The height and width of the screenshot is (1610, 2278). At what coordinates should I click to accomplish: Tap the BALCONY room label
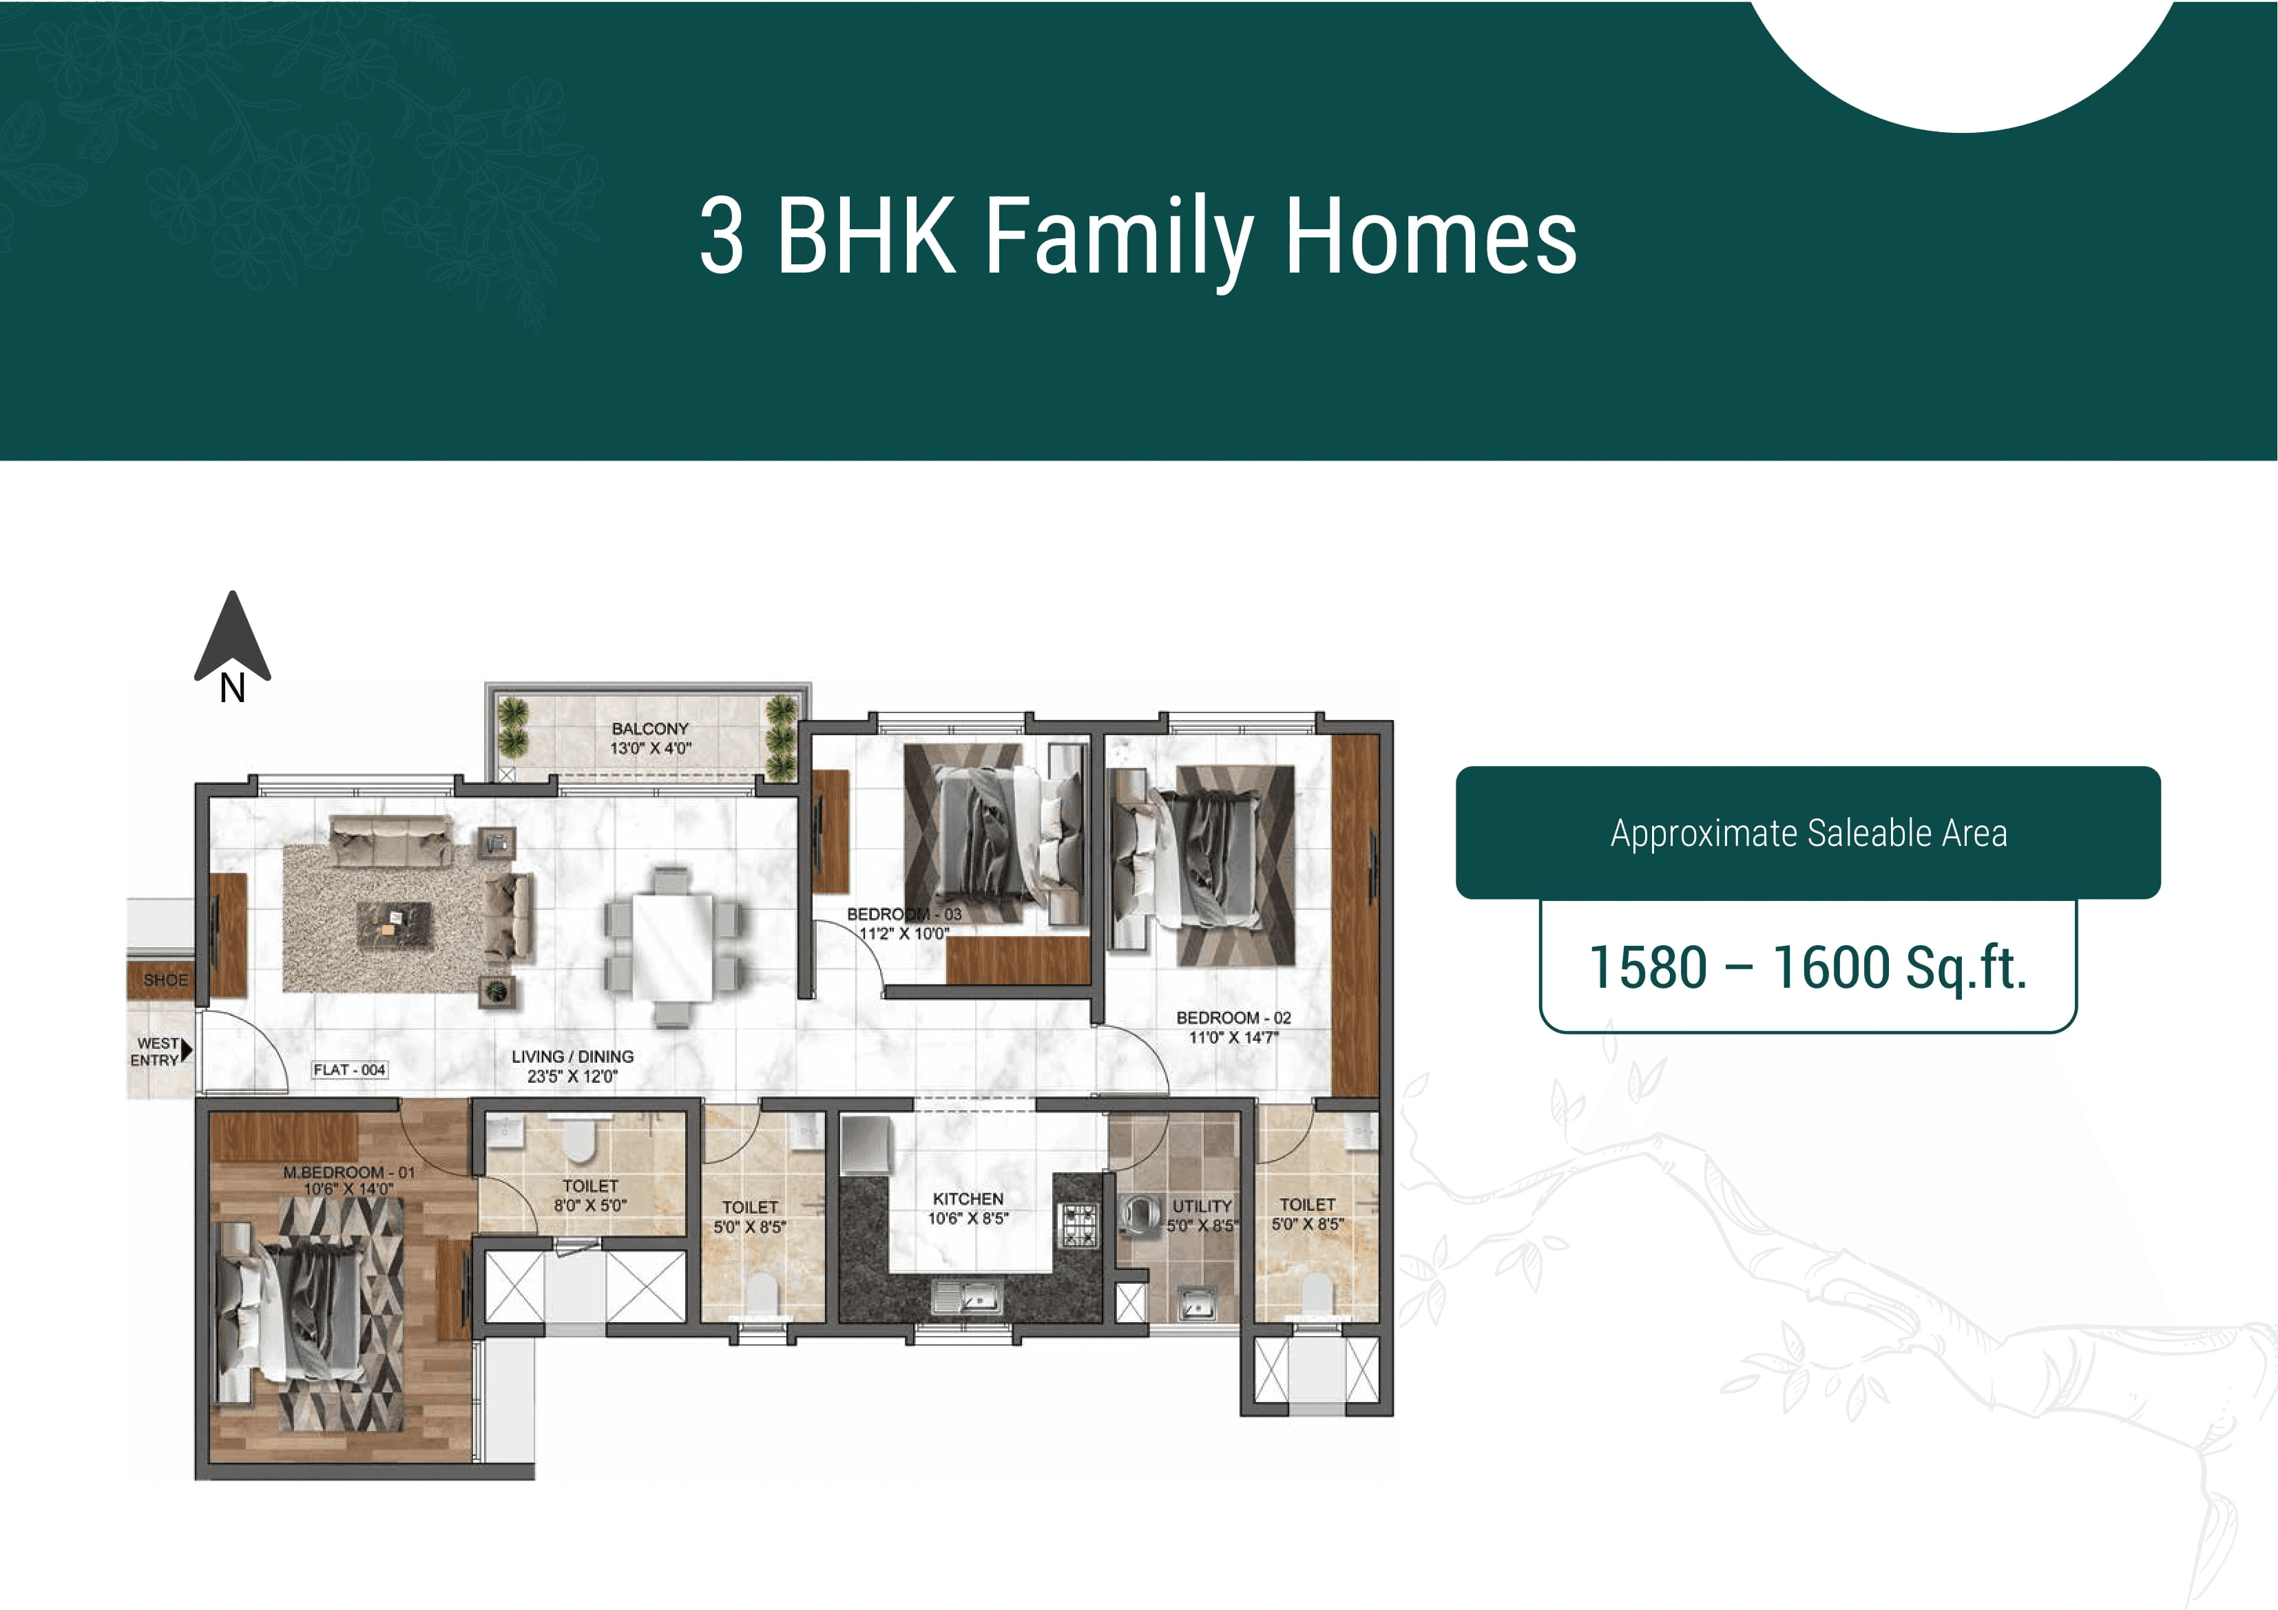coord(650,729)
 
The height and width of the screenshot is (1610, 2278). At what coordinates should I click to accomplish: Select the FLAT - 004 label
coord(349,1070)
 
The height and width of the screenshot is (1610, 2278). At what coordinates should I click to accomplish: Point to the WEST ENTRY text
coord(156,1052)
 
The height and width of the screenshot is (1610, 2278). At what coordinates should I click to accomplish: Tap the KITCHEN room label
coord(968,1199)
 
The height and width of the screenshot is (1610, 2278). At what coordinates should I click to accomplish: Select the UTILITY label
coord(1202,1206)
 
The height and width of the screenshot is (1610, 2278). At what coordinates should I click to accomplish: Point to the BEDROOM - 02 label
coord(1233,1018)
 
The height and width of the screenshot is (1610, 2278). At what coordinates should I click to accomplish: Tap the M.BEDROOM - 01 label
coord(348,1172)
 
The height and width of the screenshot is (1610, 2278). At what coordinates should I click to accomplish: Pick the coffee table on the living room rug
coord(394,924)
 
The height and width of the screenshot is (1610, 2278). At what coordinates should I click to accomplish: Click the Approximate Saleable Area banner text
coord(1808,834)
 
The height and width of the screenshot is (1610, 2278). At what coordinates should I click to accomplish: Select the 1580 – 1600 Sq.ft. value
coord(1807,967)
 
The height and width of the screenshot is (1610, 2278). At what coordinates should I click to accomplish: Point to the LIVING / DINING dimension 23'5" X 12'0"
coord(572,1077)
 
